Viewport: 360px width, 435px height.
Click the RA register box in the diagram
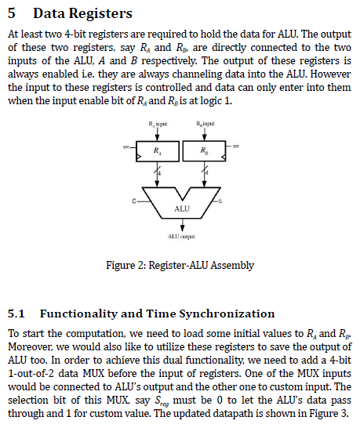point(158,151)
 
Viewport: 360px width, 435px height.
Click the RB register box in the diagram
point(204,151)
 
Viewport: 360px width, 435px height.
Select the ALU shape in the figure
point(181,201)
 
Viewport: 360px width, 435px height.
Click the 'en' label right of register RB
point(235,147)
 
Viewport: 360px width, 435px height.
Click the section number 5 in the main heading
point(13,14)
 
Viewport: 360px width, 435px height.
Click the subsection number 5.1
point(16,314)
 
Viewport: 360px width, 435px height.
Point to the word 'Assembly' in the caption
point(232,265)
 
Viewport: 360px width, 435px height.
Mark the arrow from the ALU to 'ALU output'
point(182,223)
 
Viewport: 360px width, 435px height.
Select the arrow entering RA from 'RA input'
point(158,136)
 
